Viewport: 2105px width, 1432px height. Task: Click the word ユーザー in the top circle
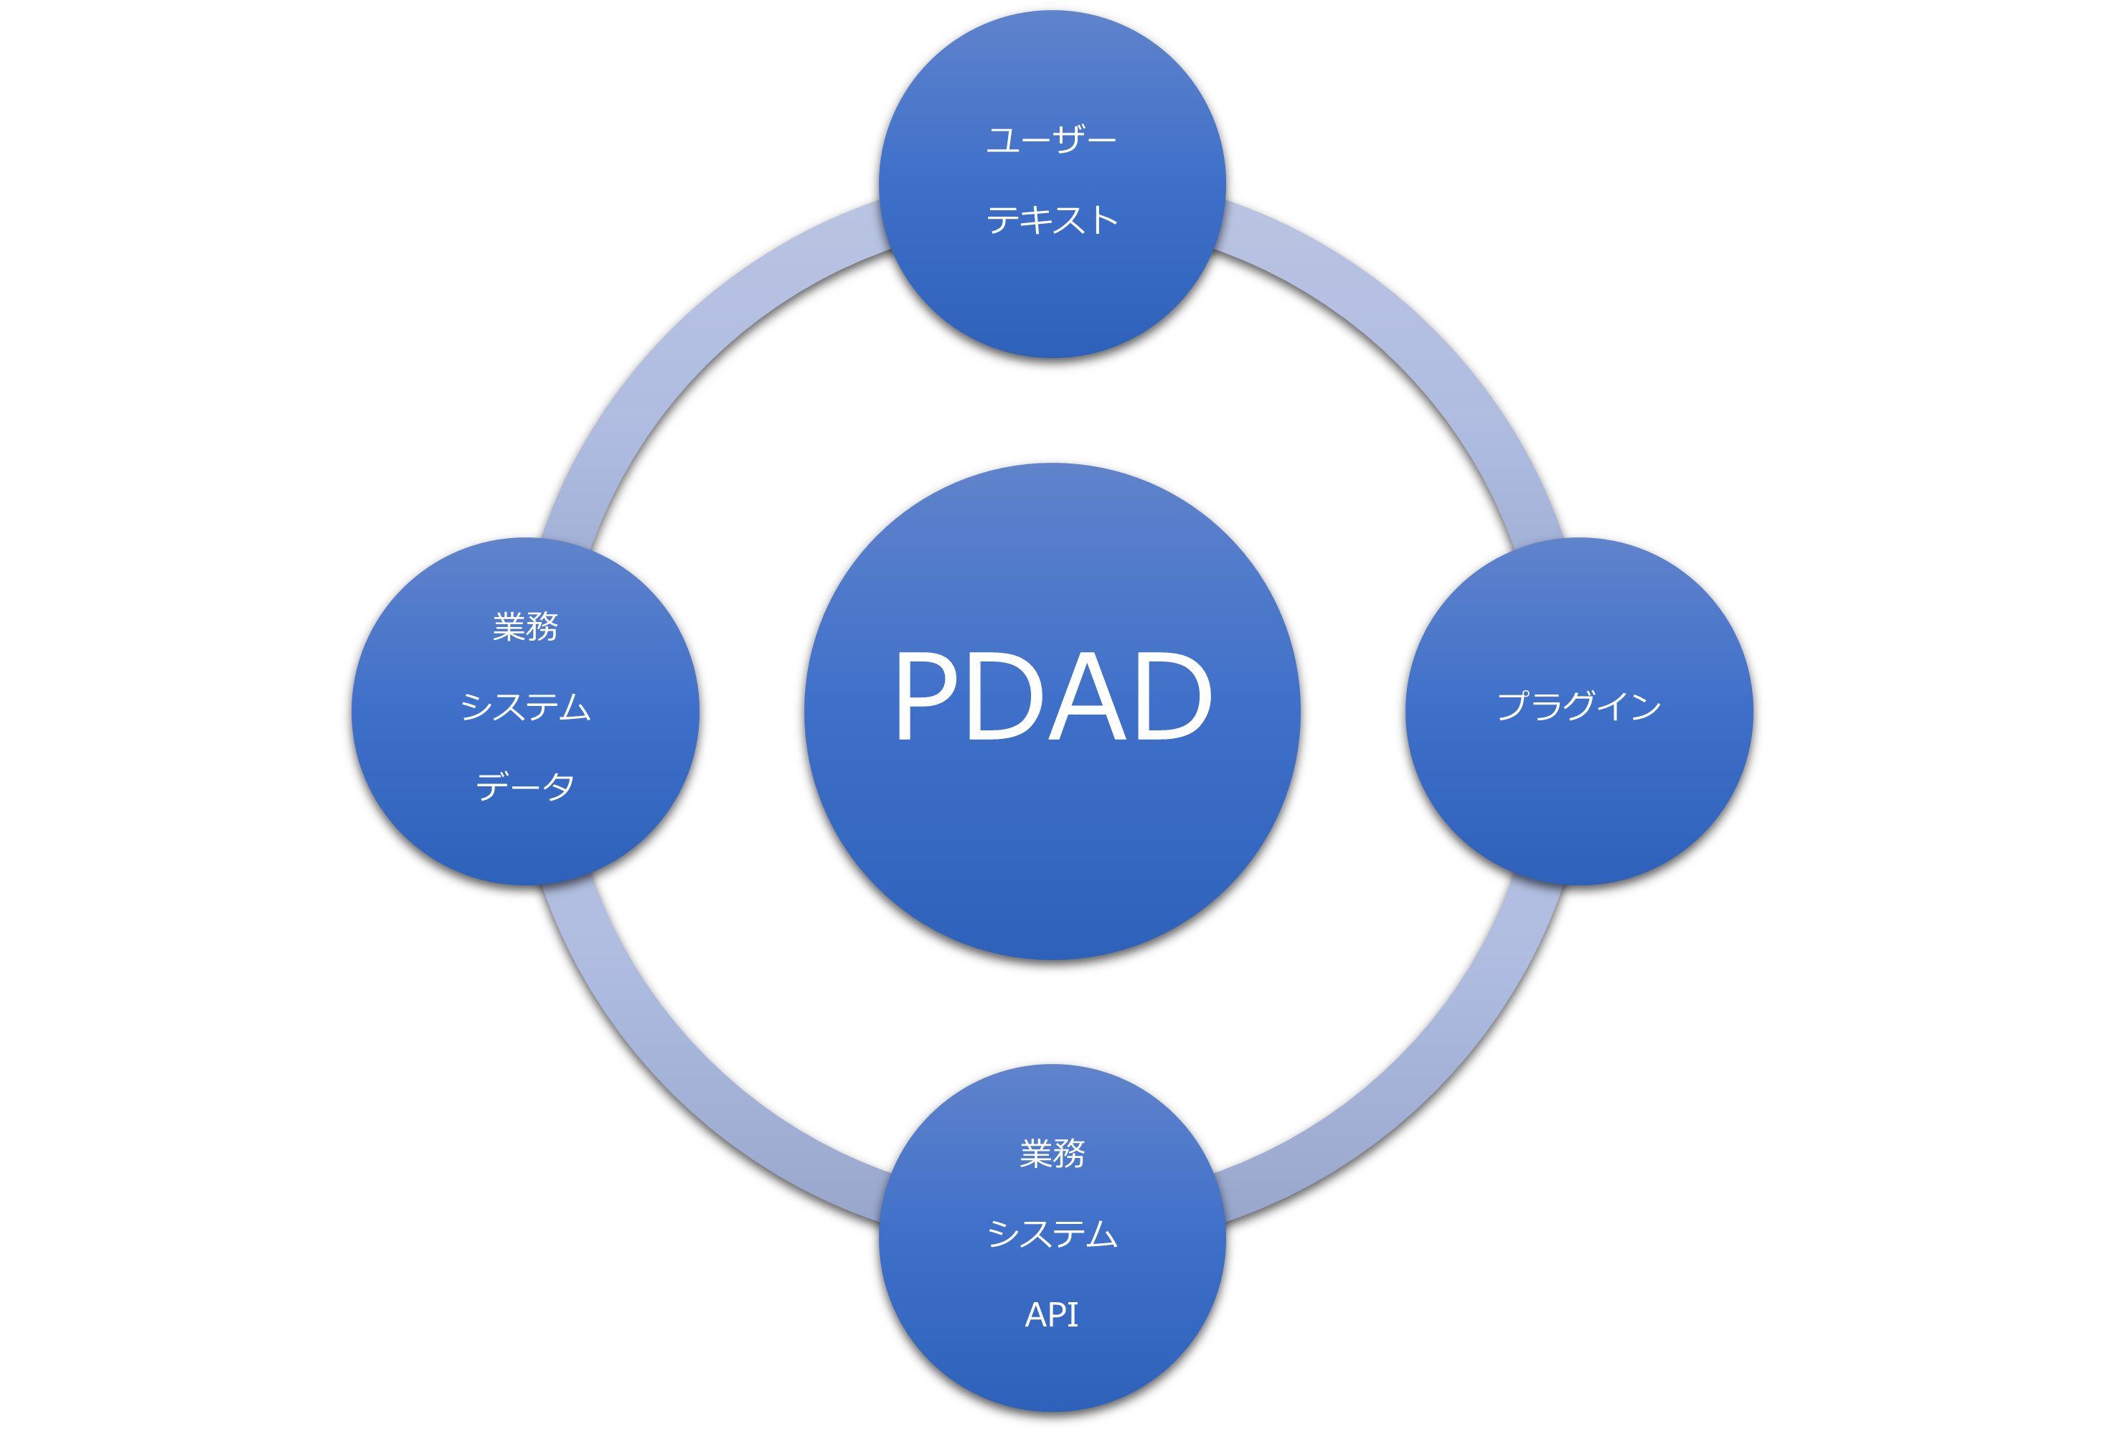(1052, 141)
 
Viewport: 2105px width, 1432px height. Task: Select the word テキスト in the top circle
(1052, 220)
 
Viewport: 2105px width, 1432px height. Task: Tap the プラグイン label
(1578, 707)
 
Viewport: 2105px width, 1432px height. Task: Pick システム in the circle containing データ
(525, 707)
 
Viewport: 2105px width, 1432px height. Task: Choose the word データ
(525, 786)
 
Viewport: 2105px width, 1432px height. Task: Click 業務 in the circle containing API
(1052, 1154)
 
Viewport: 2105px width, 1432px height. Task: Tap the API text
(1052, 1314)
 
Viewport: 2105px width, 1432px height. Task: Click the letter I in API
(1073, 1314)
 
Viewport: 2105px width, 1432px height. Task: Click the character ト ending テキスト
(1104, 220)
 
